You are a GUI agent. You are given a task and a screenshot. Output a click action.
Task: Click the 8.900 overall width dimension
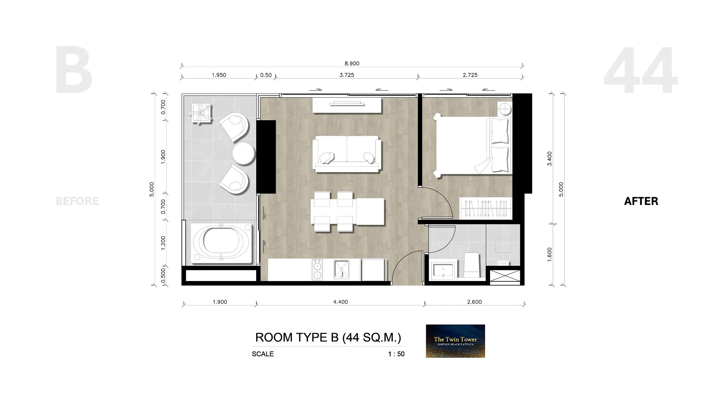click(352, 64)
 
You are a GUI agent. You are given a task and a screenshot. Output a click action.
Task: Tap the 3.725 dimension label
click(347, 75)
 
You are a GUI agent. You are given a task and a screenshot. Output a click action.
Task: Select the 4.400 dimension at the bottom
click(340, 302)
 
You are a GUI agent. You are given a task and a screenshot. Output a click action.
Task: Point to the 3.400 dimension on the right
click(550, 159)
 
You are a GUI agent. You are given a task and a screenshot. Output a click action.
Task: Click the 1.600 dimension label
click(550, 255)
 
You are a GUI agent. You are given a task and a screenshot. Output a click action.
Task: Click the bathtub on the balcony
click(221, 243)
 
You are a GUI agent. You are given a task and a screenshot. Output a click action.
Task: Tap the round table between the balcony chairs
click(244, 153)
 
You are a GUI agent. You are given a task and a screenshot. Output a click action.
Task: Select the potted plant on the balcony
click(201, 112)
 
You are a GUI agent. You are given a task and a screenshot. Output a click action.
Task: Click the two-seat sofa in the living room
click(347, 154)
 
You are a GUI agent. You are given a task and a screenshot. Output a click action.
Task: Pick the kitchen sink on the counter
click(341, 269)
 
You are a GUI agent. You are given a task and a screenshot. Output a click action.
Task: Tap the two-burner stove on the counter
click(317, 269)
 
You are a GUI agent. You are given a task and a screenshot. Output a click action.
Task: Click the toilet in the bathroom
click(472, 265)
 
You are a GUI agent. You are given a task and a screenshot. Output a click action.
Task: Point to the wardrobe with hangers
click(486, 208)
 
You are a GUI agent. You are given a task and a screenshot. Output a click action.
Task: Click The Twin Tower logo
click(455, 341)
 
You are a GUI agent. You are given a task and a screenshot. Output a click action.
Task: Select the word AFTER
click(641, 201)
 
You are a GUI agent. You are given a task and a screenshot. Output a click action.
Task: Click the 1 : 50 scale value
click(396, 354)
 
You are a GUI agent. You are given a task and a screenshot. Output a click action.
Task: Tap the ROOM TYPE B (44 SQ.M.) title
click(328, 337)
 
